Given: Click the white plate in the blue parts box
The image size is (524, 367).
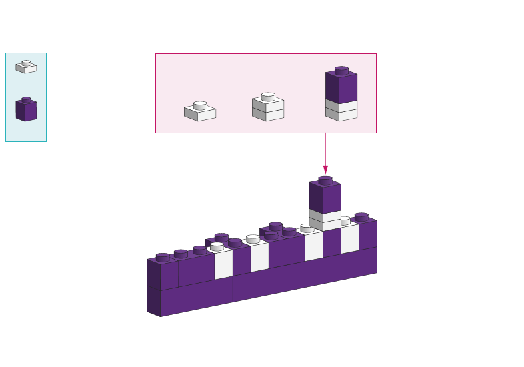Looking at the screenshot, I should [26, 67].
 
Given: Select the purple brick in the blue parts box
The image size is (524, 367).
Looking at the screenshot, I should [26, 110].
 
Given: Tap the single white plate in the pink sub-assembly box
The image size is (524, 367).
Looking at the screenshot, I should [200, 111].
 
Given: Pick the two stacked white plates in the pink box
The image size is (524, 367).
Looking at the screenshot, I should [268, 108].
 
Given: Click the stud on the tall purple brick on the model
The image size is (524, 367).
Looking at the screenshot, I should [325, 180].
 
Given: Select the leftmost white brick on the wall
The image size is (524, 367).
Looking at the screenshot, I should [223, 264].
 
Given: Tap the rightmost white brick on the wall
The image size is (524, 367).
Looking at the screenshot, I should [350, 238].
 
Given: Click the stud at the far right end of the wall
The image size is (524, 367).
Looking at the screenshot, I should [361, 216].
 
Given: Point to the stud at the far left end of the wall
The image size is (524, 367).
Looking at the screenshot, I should [163, 257].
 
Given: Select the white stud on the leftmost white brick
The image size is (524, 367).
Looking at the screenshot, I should [217, 246].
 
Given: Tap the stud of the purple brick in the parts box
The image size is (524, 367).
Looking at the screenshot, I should [26, 100].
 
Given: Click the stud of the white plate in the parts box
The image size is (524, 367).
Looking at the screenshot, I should [26, 63].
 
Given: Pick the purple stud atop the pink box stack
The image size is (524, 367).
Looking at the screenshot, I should [341, 69].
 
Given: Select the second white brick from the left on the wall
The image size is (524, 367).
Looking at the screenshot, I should [259, 256].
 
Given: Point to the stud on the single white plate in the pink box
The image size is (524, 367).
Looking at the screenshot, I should [200, 105].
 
